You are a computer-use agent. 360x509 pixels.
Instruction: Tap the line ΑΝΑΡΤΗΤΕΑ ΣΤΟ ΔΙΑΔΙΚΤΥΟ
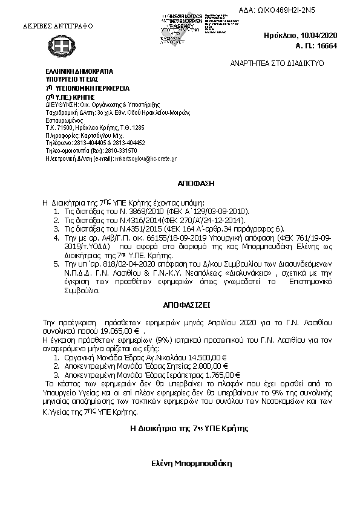[277, 63]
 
